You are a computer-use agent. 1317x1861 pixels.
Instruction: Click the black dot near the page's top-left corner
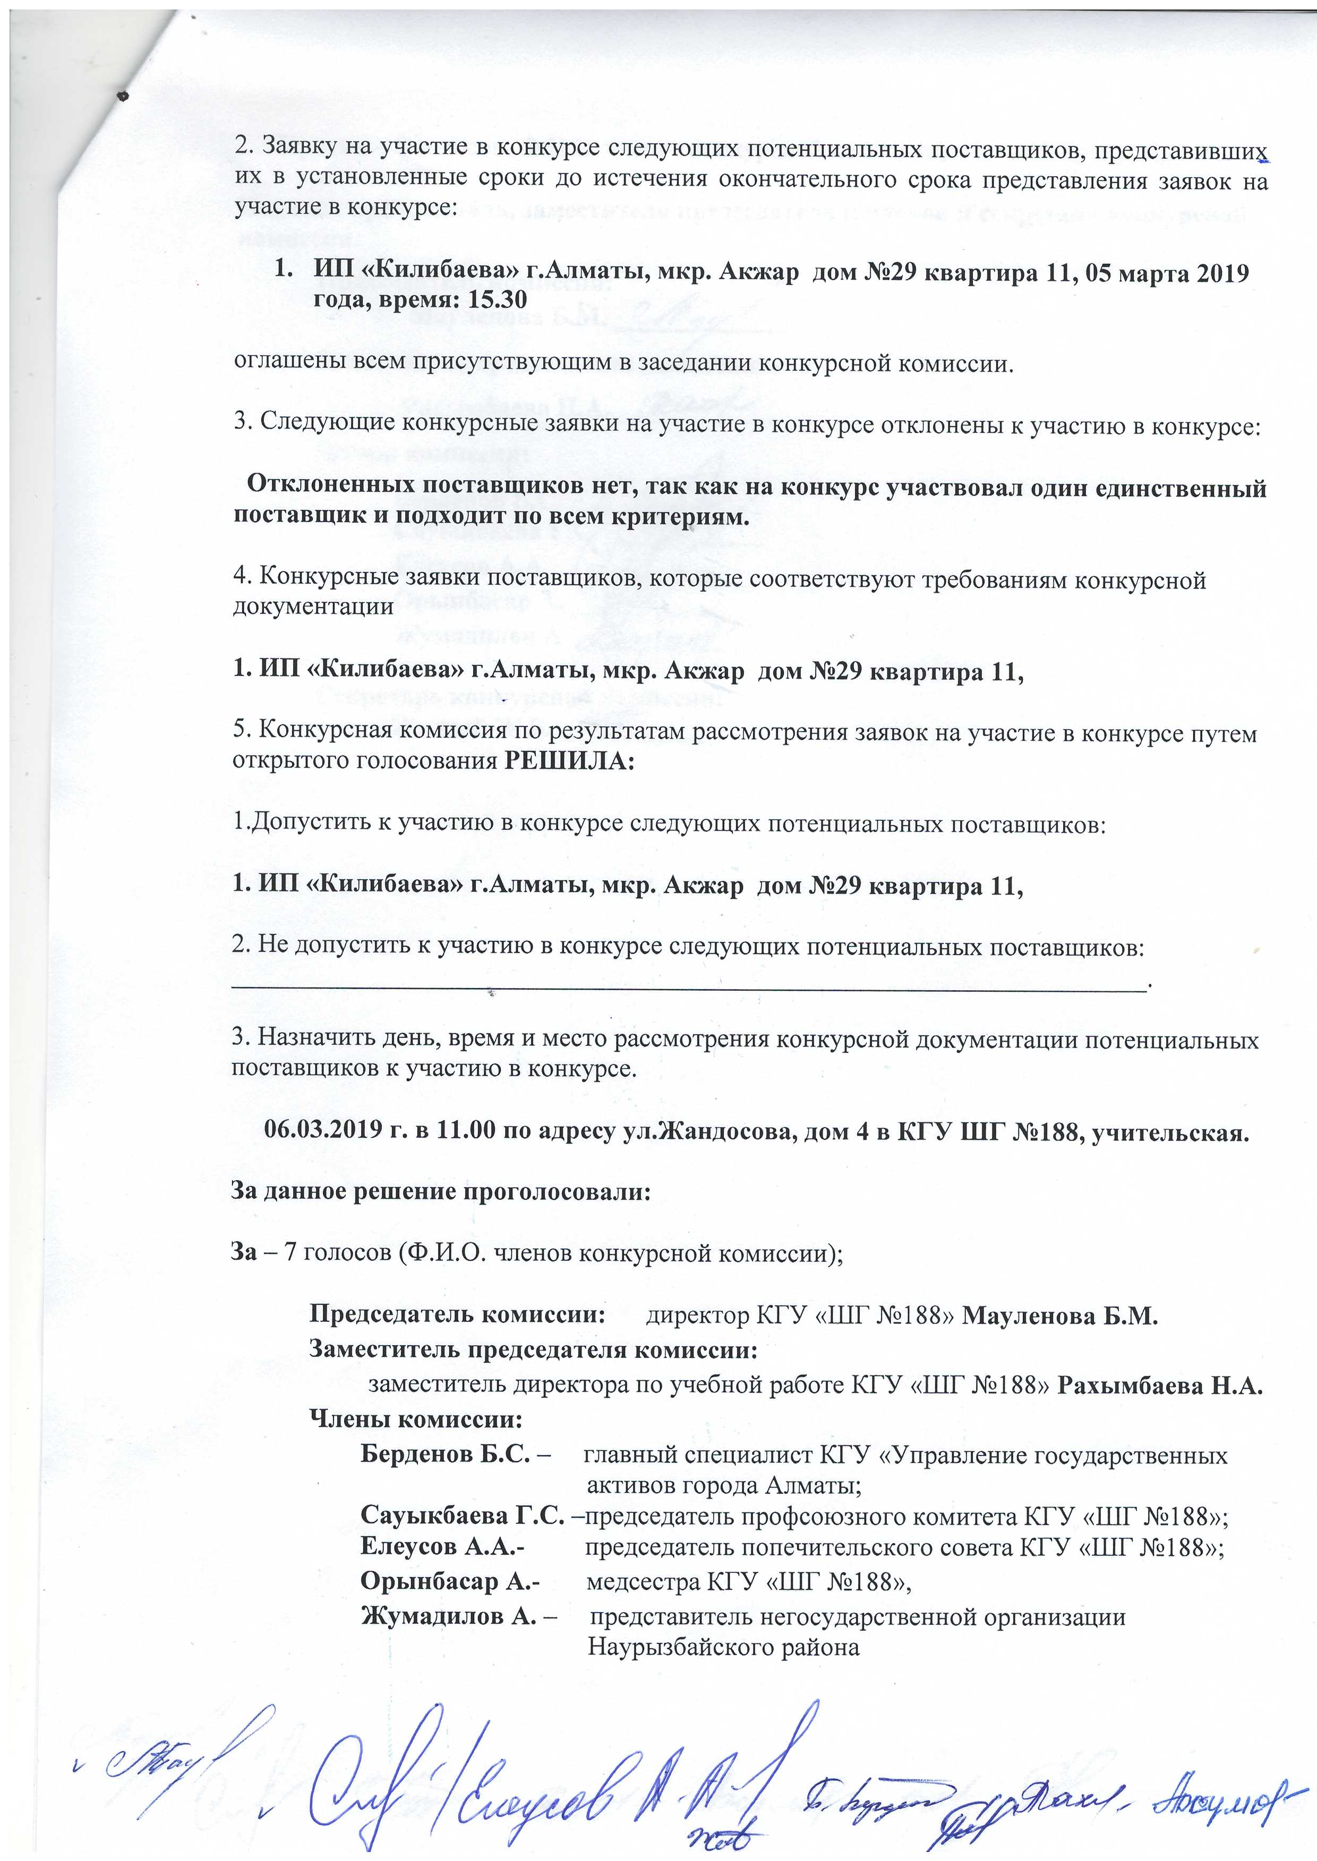[x=123, y=96]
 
